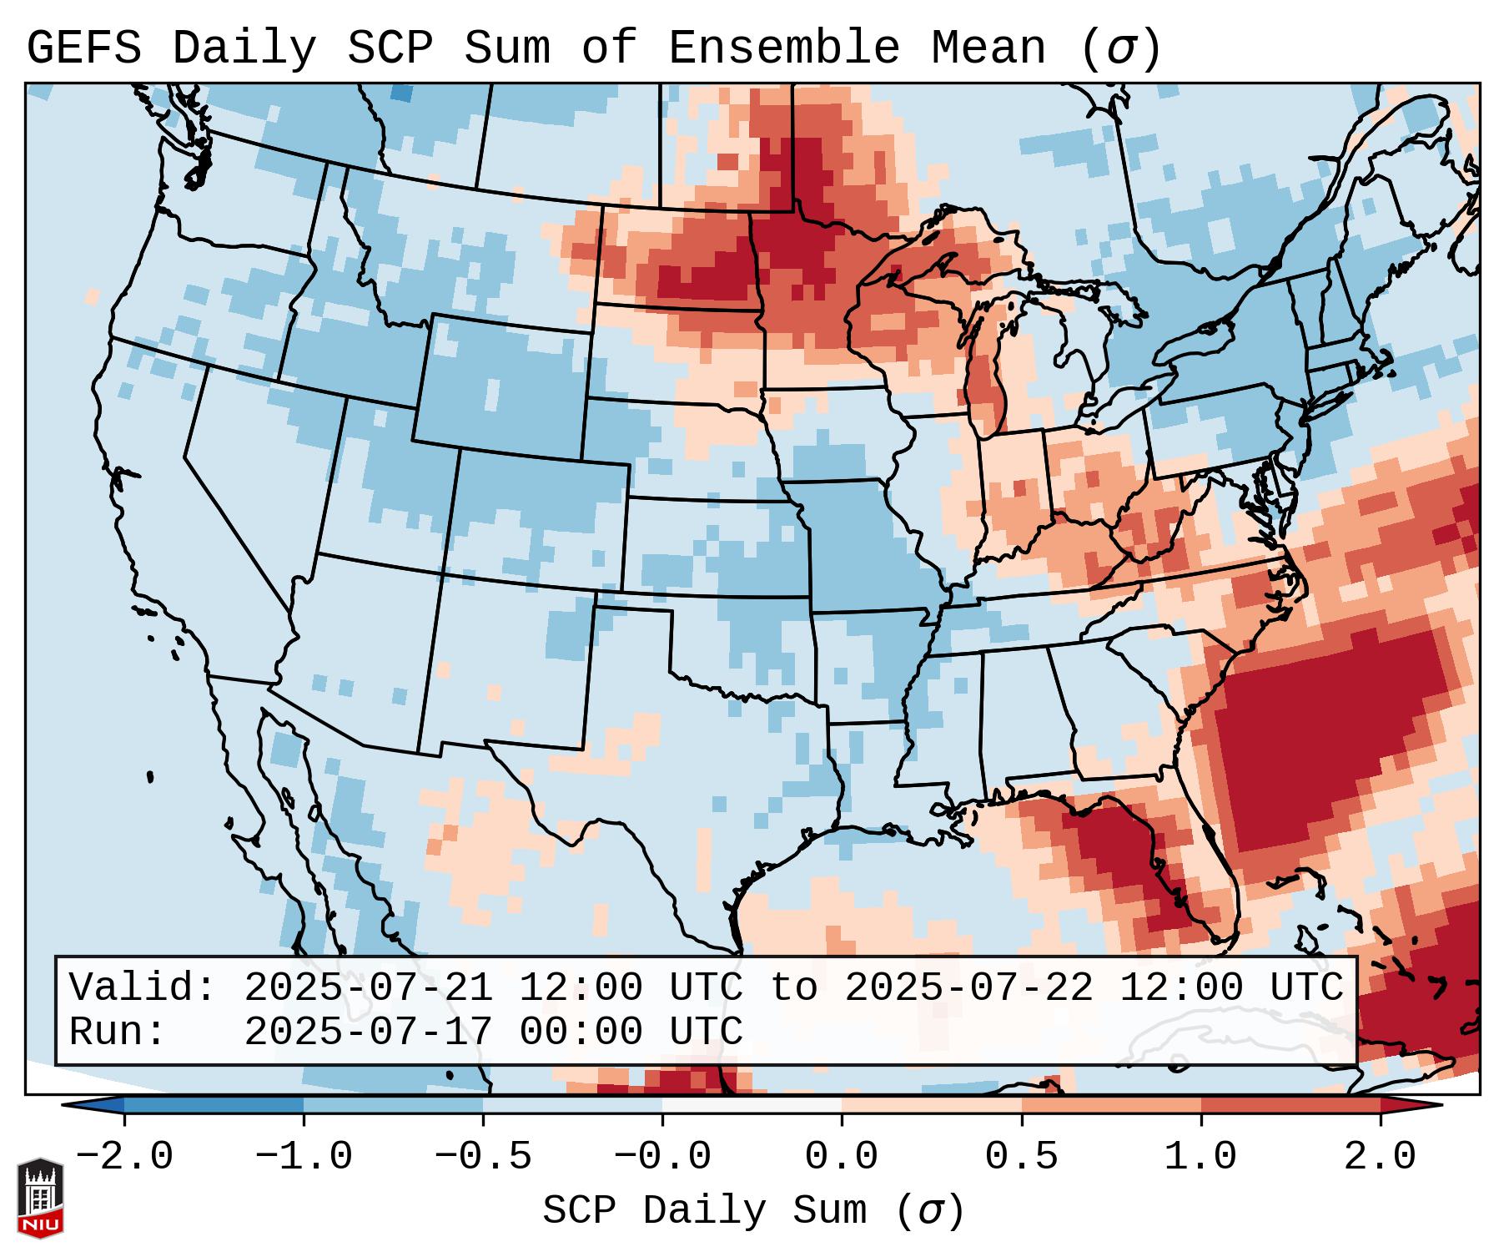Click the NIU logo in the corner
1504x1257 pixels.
pyautogui.click(x=40, y=1198)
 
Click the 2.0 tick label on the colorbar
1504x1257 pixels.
pyautogui.click(x=1380, y=1157)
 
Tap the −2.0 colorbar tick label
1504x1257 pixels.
pyautogui.click(x=123, y=1157)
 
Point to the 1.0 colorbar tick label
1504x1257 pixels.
pyautogui.click(x=1200, y=1157)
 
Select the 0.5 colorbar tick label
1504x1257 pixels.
pyautogui.click(x=1021, y=1157)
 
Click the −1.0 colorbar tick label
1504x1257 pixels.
pyautogui.click(x=303, y=1157)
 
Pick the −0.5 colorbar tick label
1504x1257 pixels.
pyautogui.click(x=482, y=1157)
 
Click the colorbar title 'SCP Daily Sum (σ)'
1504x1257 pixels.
pyautogui.click(x=752, y=1210)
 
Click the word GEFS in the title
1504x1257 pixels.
pyautogui.click(x=83, y=48)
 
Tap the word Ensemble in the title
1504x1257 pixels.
pyautogui.click(x=784, y=48)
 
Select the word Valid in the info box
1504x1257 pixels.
pyautogui.click(x=140, y=987)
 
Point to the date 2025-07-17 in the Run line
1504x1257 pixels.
pyautogui.click(x=367, y=1032)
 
